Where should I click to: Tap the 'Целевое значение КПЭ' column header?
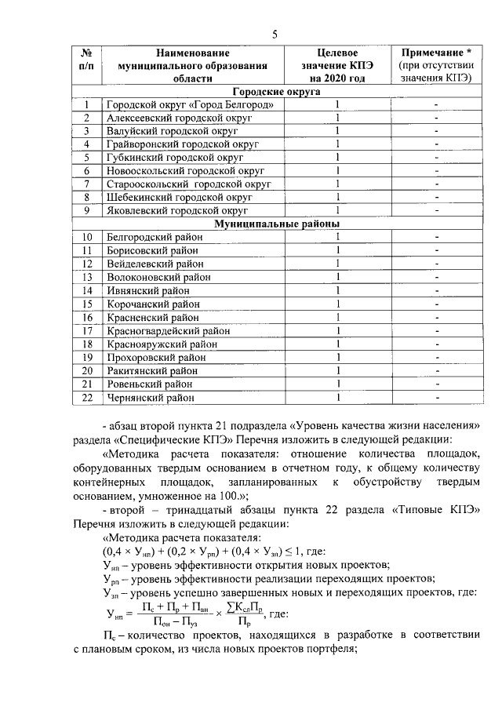tap(336, 64)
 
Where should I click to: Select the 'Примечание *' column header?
tap(435, 64)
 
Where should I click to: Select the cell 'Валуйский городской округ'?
tap(162, 131)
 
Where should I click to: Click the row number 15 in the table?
tap(87, 304)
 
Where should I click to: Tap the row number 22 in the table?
tap(87, 398)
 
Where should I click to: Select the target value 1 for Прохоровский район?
tap(337, 357)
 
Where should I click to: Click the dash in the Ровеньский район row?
tap(435, 384)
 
